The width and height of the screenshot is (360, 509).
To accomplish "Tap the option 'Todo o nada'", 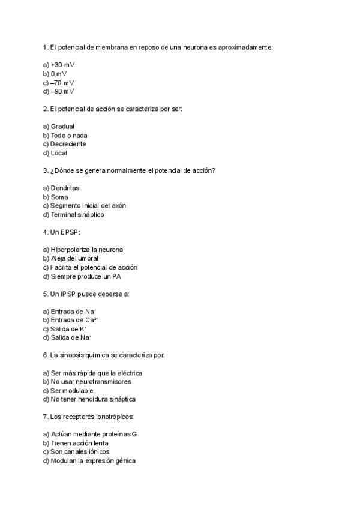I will (x=69, y=136).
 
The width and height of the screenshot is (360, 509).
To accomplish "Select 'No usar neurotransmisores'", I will (x=91, y=382).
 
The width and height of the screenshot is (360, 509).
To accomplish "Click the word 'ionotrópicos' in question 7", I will (x=113, y=416).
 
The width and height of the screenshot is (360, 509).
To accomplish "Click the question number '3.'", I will (x=46, y=170).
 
